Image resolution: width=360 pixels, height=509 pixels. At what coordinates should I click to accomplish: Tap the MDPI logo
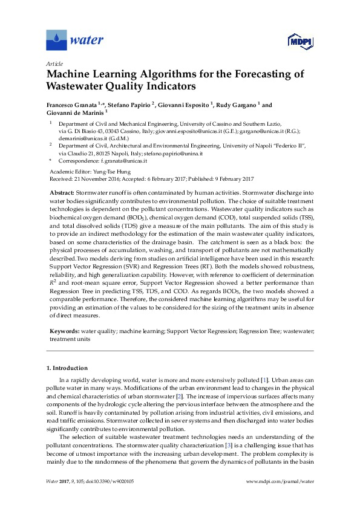coord(295,41)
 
